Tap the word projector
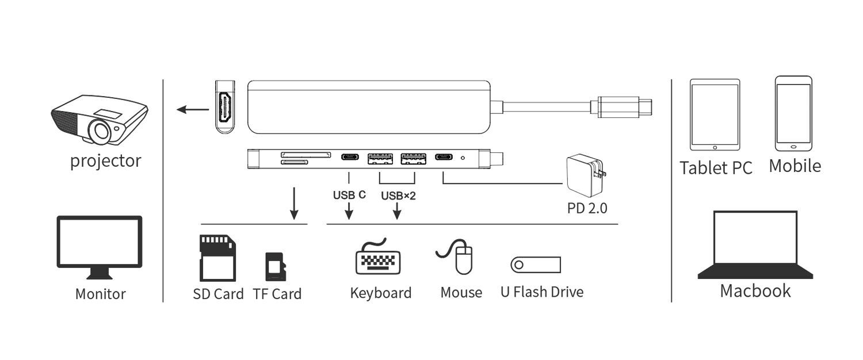click(105, 160)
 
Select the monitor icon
click(100, 247)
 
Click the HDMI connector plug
click(226, 106)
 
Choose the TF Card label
click(277, 294)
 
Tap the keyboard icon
click(377, 258)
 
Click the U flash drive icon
click(536, 265)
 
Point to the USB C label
click(349, 194)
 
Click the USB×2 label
click(398, 196)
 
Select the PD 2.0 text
click(587, 208)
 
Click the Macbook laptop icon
click(755, 244)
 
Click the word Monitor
click(100, 294)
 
